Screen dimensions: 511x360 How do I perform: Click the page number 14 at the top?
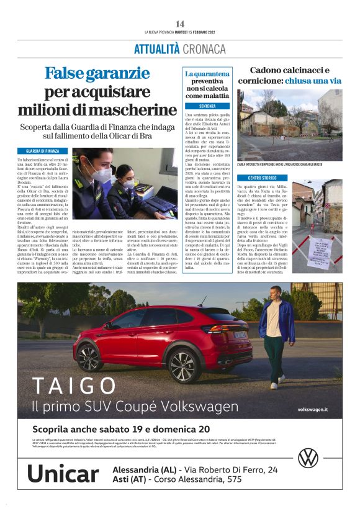(x=180, y=24)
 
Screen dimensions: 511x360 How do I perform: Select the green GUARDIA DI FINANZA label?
(x=43, y=151)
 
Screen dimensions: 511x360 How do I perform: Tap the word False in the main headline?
(x=68, y=75)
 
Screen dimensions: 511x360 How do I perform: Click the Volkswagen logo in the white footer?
(x=308, y=458)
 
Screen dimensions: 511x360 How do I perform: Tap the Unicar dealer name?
(x=63, y=474)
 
